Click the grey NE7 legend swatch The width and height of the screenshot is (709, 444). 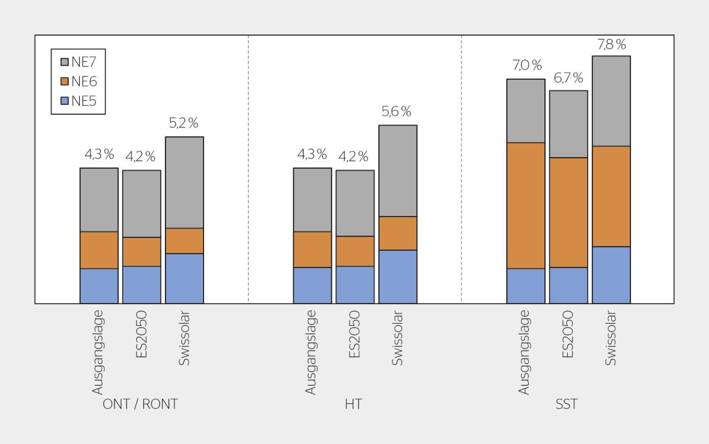(x=65, y=62)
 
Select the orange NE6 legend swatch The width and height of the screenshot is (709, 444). (x=65, y=82)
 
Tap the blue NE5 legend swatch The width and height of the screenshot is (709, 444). (x=65, y=101)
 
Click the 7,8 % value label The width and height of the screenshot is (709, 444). (x=612, y=44)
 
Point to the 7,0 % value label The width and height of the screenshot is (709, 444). (x=527, y=65)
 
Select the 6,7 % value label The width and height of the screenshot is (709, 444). (x=568, y=78)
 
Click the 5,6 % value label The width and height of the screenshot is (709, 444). (x=396, y=111)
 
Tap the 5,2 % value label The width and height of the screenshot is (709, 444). (x=183, y=123)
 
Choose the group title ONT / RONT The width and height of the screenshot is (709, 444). (x=140, y=404)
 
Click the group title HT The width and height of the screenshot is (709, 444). (x=353, y=404)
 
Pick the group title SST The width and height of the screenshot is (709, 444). (x=567, y=404)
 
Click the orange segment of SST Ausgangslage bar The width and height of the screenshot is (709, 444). (x=526, y=206)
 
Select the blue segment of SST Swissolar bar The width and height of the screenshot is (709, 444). (x=611, y=275)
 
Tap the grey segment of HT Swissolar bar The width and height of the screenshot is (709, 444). (x=398, y=171)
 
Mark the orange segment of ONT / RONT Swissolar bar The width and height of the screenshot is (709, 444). (x=184, y=241)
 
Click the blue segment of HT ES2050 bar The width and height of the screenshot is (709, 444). (x=355, y=285)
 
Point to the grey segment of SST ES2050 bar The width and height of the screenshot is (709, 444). (x=568, y=124)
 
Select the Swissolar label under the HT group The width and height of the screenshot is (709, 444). (x=397, y=338)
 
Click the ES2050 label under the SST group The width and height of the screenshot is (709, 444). (x=568, y=334)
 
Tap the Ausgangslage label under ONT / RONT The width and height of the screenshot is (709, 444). (x=97, y=352)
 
